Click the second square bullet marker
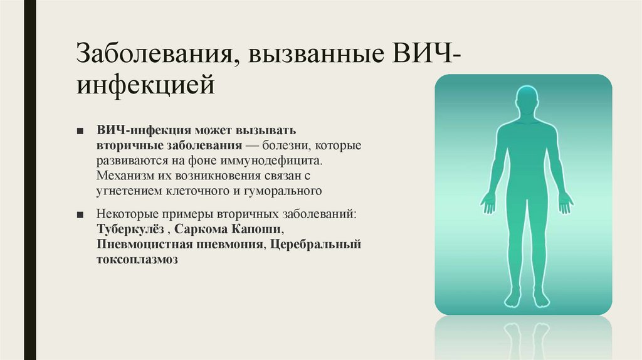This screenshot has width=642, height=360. tap(80, 214)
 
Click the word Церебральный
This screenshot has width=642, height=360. tap(317, 243)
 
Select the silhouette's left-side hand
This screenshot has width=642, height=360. tap(488, 202)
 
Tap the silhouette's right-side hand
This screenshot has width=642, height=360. tap(566, 202)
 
